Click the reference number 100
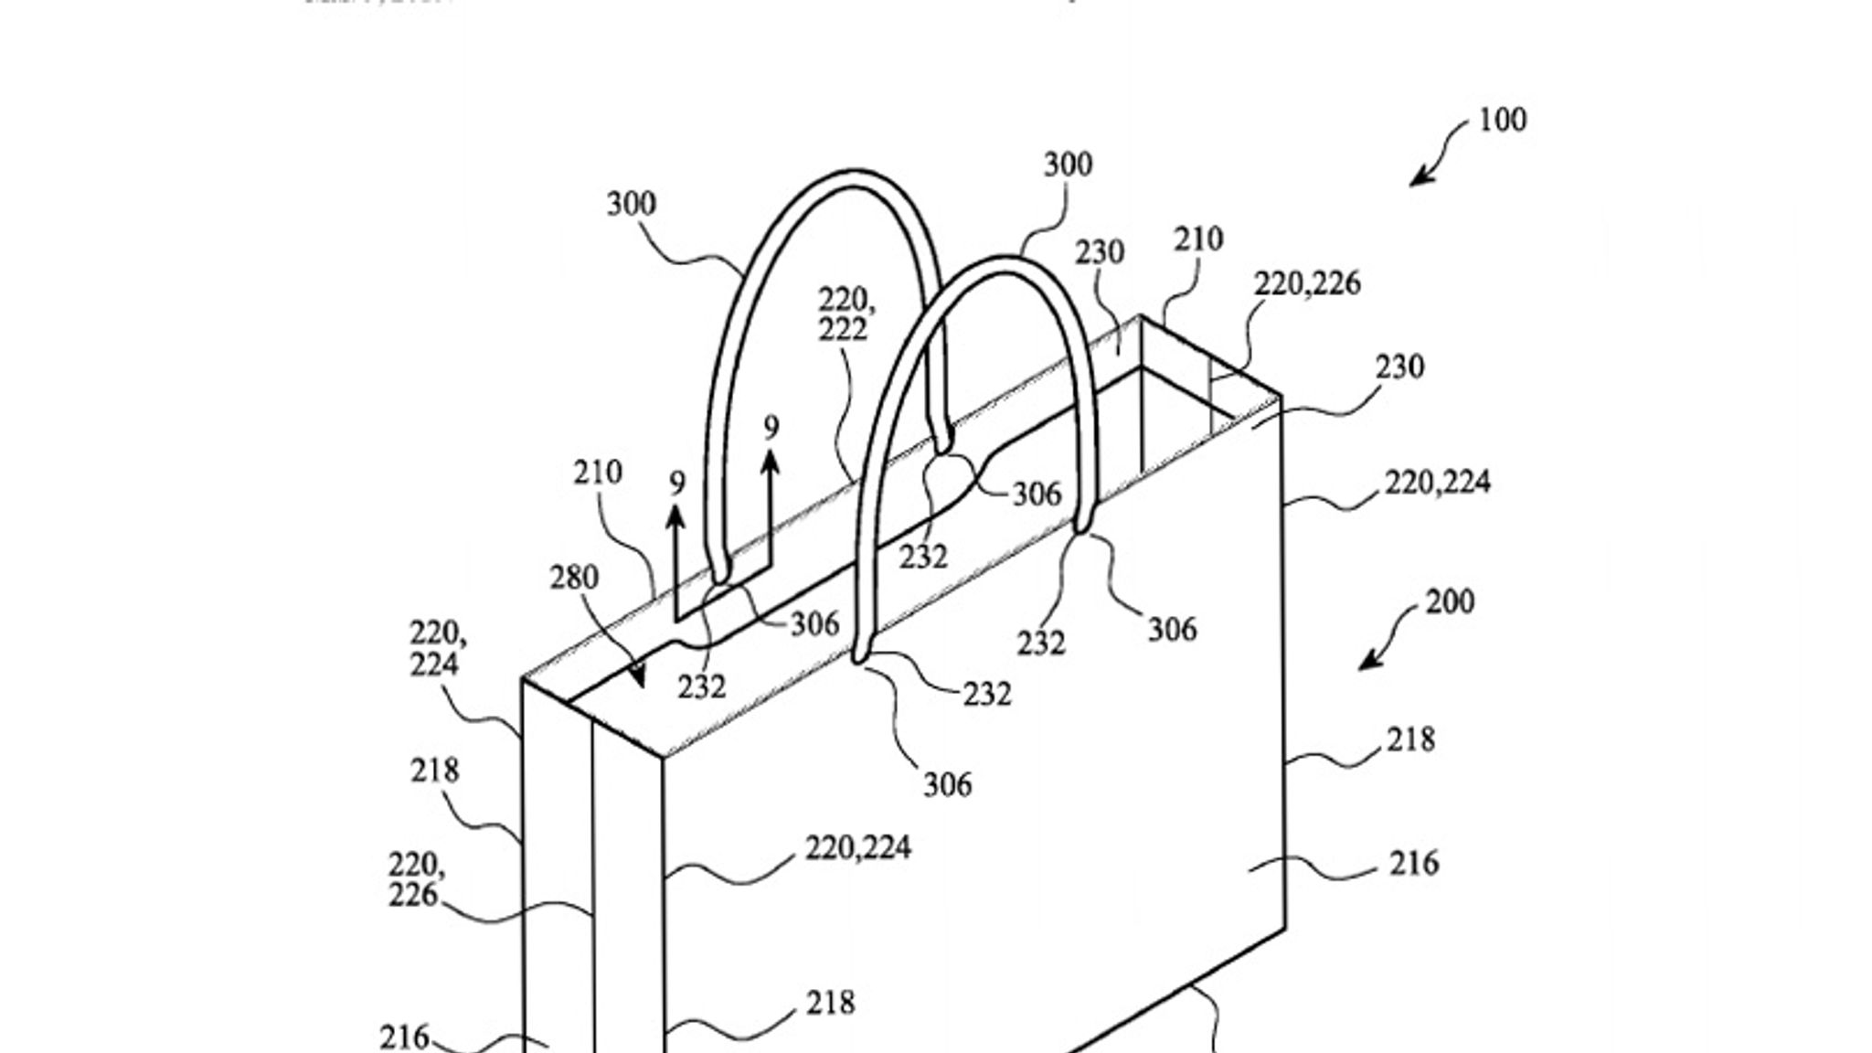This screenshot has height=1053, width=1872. click(1502, 121)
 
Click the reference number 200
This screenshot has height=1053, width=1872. click(1450, 602)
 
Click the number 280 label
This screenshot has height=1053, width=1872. click(574, 578)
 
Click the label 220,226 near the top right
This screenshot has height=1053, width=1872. click(1306, 284)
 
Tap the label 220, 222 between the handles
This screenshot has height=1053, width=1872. click(842, 314)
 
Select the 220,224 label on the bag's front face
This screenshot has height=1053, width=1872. click(857, 848)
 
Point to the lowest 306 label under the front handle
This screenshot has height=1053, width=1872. click(947, 785)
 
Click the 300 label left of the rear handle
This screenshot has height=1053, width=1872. click(631, 205)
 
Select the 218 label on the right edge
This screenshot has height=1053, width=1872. click(1410, 739)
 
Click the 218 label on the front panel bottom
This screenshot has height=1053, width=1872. click(830, 1004)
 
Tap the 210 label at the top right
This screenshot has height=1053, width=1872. click(1197, 239)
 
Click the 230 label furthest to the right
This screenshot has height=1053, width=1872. click(1399, 367)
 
